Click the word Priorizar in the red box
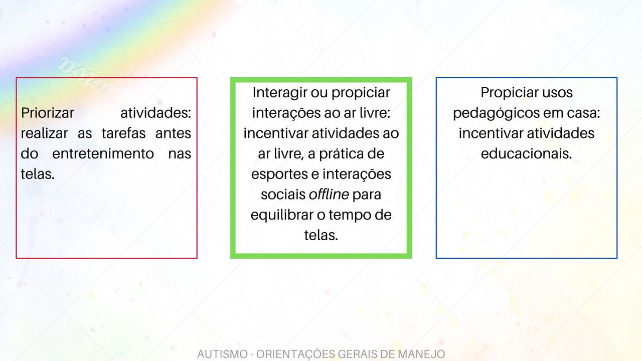click(x=47, y=113)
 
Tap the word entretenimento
click(x=103, y=154)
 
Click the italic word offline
click(x=329, y=195)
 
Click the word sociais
click(x=283, y=195)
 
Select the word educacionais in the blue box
click(x=526, y=154)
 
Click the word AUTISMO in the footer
click(x=221, y=354)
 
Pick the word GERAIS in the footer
click(x=358, y=354)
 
